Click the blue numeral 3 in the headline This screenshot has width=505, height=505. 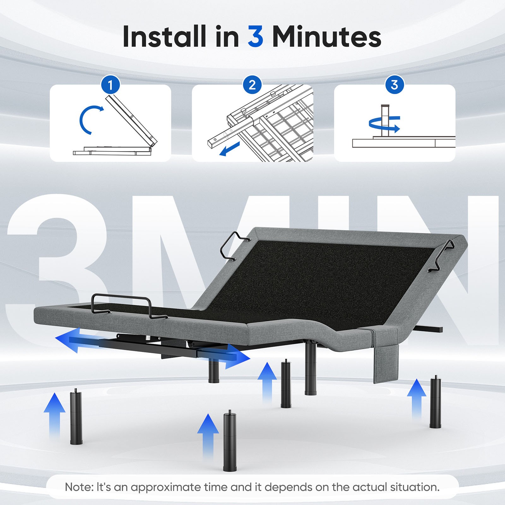(255, 36)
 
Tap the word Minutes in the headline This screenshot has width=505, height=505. (327, 36)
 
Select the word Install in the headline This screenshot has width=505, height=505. (164, 36)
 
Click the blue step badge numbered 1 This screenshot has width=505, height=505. (110, 85)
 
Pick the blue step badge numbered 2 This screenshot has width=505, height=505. (252, 85)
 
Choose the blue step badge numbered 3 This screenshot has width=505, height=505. (395, 85)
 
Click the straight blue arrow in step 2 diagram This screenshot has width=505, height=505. (230, 149)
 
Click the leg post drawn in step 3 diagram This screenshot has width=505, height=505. (385, 120)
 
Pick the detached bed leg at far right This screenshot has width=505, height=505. (436, 401)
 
